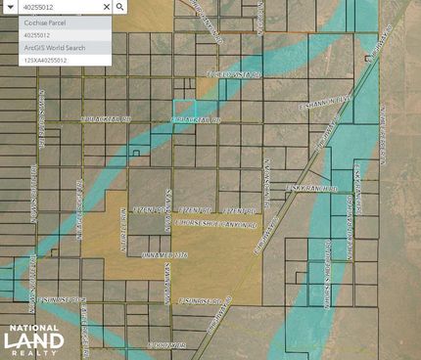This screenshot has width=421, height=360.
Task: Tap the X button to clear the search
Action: click(105, 6)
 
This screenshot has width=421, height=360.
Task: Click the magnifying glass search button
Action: click(119, 6)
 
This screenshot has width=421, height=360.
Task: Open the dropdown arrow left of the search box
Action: click(7, 6)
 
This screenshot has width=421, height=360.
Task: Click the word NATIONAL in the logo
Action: click(32, 329)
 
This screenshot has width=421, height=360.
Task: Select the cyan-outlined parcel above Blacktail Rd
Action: click(183, 111)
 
